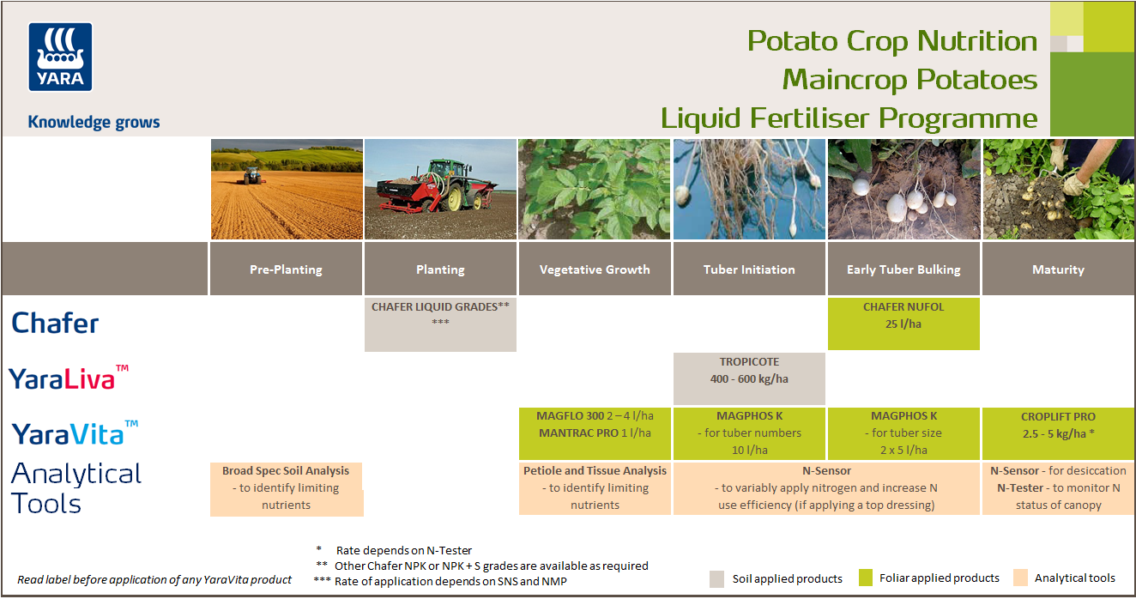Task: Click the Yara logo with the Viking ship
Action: (60, 57)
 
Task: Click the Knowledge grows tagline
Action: (94, 122)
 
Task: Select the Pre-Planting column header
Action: (286, 269)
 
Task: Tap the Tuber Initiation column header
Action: (749, 269)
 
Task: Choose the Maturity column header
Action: (1058, 269)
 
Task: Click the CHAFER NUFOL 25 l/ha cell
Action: (903, 324)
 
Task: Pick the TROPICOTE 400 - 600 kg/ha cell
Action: (749, 378)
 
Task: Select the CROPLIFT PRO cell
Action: (1058, 433)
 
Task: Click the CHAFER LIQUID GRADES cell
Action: (440, 324)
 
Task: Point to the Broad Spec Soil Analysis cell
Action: (286, 488)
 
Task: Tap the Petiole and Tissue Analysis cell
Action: (595, 488)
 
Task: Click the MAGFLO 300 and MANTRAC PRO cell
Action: (595, 433)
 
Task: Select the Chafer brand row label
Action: (56, 324)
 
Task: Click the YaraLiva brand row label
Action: (69, 378)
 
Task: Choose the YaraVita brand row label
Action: (75, 433)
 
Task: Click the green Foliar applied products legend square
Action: (865, 578)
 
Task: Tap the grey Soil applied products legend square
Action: (718, 578)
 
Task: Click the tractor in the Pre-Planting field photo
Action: (252, 175)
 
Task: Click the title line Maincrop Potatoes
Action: (909, 80)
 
